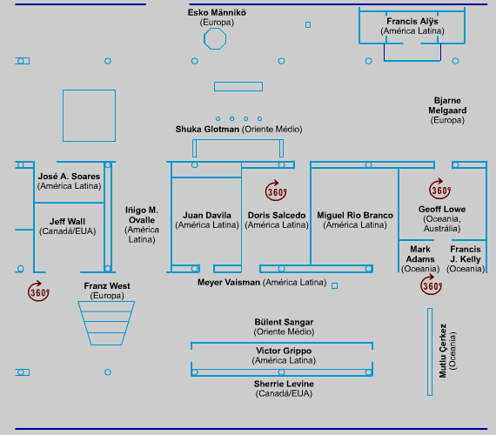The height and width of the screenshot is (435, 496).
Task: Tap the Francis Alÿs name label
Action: (412, 22)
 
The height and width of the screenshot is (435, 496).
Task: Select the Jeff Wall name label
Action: (67, 222)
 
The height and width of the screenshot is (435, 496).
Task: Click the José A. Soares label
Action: (69, 177)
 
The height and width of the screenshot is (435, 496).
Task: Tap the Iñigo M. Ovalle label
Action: (142, 215)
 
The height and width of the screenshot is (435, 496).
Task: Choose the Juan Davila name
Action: (207, 215)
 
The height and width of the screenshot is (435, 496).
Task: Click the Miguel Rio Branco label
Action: (355, 215)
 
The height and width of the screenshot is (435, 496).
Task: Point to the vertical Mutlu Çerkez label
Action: (443, 351)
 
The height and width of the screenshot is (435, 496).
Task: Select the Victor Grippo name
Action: (284, 351)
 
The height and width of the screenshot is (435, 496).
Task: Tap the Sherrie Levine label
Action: (284, 384)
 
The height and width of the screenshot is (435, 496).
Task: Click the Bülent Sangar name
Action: (284, 322)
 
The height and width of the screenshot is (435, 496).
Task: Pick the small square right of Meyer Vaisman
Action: (334, 286)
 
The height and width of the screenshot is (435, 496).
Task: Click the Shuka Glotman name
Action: (207, 130)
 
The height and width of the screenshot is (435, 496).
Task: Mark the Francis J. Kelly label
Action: (466, 254)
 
